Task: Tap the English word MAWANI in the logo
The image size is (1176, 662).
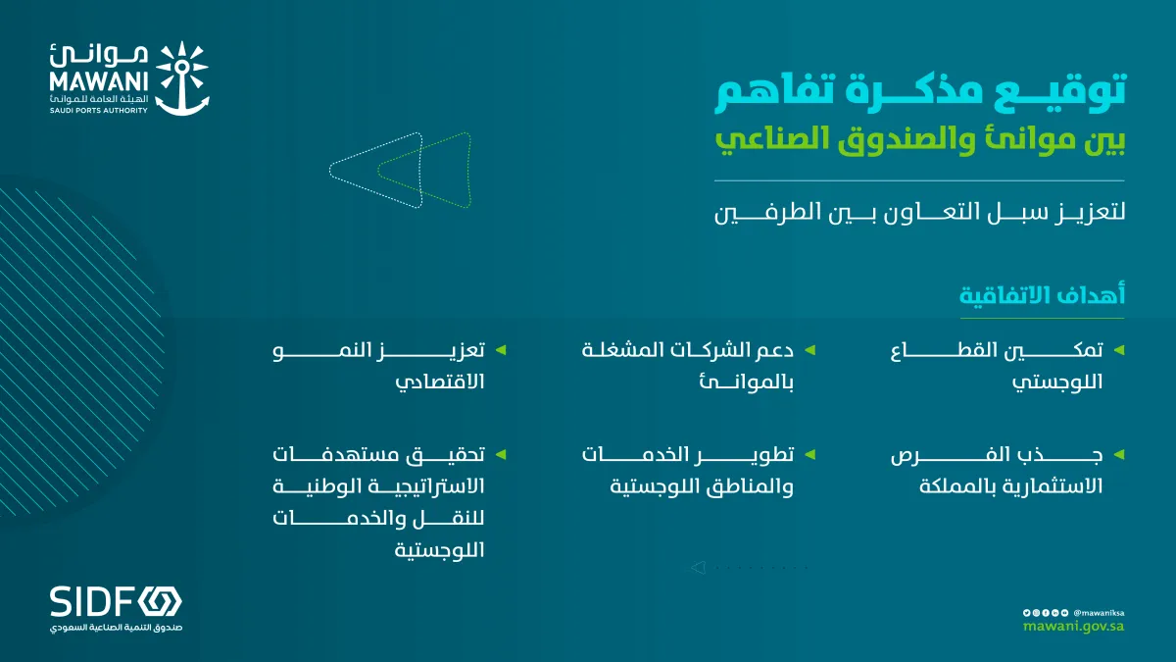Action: [98, 84]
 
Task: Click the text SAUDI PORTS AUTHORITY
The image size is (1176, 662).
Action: [98, 110]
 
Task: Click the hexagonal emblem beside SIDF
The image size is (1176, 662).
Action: [161, 600]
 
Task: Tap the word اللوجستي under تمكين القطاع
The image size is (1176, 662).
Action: [1057, 382]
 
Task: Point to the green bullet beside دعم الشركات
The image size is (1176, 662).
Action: [810, 349]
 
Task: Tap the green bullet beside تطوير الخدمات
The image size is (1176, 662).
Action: [810, 455]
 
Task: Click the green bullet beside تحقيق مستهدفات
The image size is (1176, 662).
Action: [501, 455]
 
